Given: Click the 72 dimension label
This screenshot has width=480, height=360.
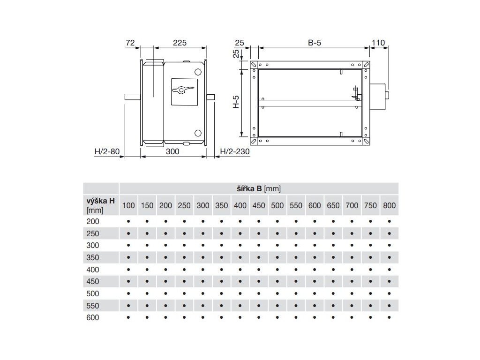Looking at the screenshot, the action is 130,43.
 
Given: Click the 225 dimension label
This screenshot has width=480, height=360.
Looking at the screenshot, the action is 180,43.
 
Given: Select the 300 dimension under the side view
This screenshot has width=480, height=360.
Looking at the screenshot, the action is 172,151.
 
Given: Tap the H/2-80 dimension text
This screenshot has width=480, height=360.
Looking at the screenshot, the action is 107,151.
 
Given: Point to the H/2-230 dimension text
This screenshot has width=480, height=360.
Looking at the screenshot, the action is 235,151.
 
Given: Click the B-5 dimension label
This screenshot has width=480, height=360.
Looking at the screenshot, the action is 315,43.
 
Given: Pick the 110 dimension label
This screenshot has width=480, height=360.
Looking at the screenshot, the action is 378,43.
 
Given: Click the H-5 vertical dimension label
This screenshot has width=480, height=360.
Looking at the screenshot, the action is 236,102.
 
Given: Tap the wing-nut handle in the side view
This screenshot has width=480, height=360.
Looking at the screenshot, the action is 183,90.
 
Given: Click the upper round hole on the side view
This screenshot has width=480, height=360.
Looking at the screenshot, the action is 198,72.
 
